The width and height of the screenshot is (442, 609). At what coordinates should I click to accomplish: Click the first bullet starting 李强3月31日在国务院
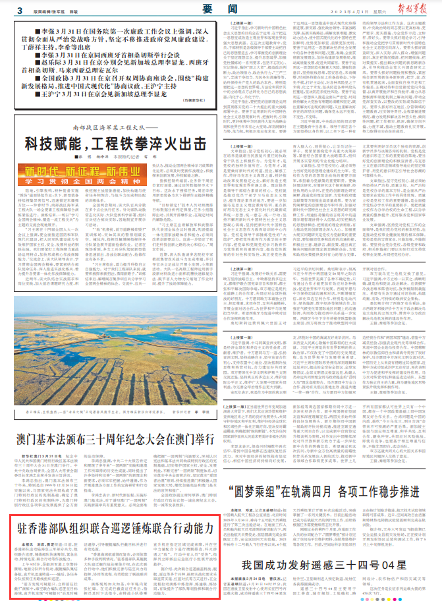pos(118,35)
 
